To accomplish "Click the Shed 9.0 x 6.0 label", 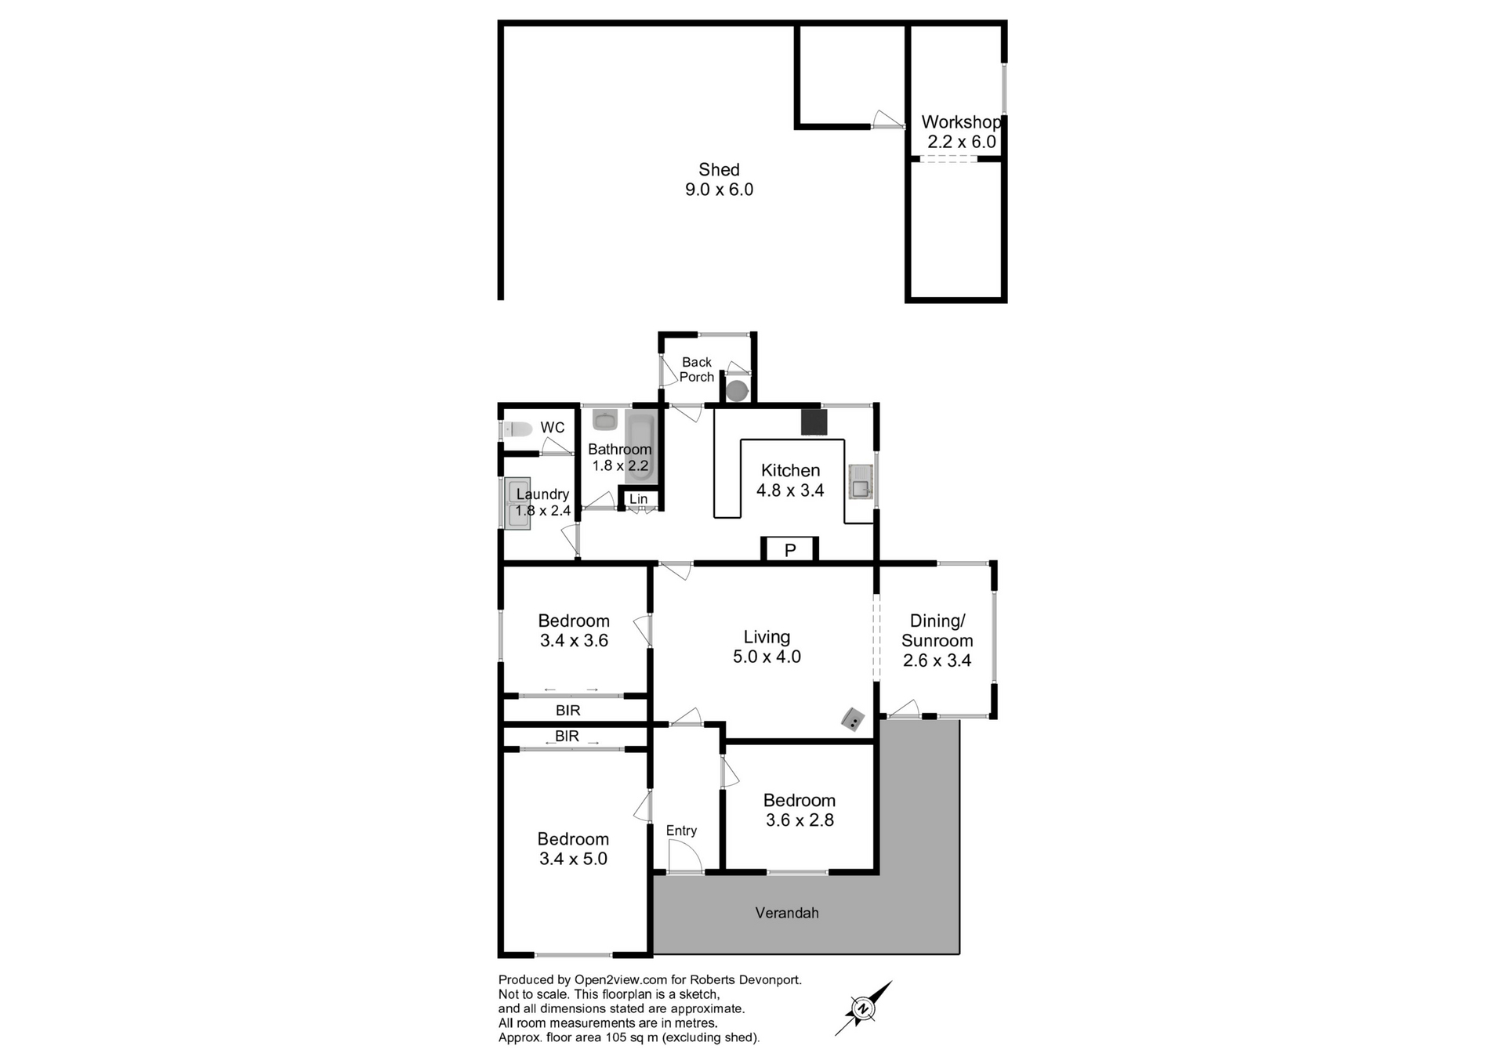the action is coord(719,179).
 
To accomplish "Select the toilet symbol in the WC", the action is coord(517,429).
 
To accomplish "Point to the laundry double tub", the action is coord(517,502).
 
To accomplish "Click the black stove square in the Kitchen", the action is coord(814,422).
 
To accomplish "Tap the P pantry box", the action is coord(790,549).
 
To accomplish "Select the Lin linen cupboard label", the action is coord(639,499).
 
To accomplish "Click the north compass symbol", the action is coord(863,1008).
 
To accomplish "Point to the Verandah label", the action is coord(787,913).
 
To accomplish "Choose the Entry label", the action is coord(681,831).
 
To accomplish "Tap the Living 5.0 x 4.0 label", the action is coord(767,647).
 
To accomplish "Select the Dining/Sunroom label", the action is coord(937,640).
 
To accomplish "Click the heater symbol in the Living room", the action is coord(853,719).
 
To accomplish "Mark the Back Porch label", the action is coord(697,369).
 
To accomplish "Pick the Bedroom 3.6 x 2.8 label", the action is coord(800,810).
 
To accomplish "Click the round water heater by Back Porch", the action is coord(738,390).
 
